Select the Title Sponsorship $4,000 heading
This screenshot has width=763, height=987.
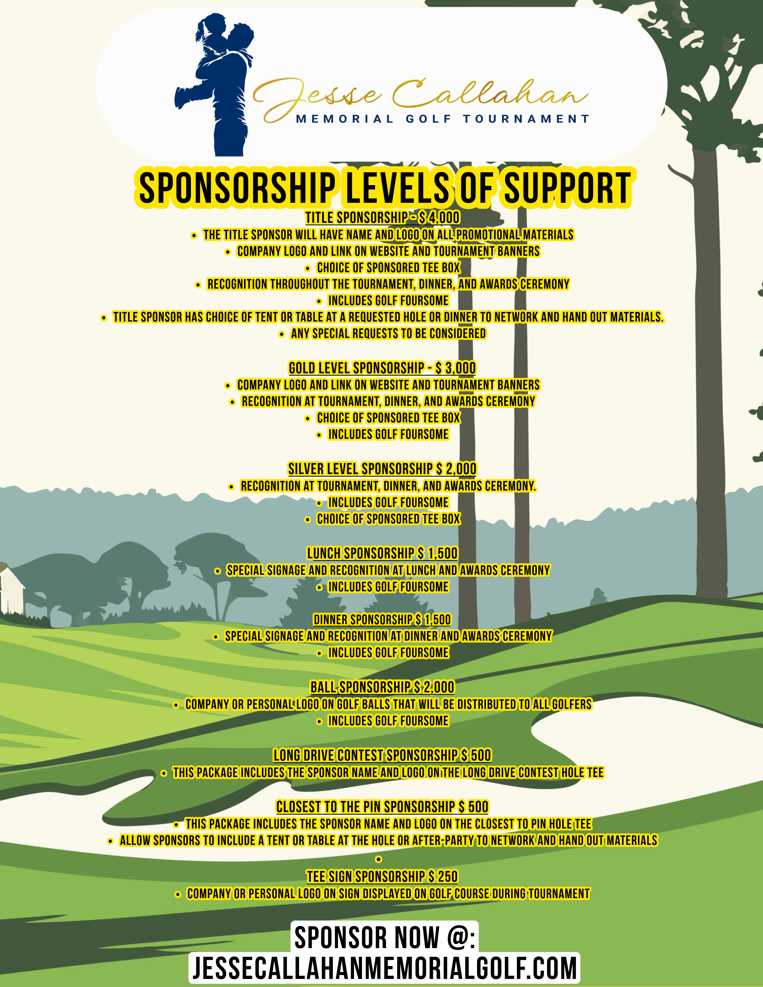point(382,218)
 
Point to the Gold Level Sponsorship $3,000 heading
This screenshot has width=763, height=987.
point(382,368)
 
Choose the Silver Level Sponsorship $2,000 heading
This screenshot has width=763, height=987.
point(382,469)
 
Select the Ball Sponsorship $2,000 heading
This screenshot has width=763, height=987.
point(382,687)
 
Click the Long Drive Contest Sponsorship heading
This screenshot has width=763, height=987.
point(382,755)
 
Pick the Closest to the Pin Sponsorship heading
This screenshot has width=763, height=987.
point(382,807)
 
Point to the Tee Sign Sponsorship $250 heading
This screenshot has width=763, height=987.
point(382,877)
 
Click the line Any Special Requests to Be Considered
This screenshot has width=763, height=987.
point(388,333)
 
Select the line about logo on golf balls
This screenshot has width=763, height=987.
point(388,704)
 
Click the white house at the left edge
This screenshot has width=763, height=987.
point(10,587)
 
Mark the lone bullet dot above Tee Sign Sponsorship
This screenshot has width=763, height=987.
point(379,859)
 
